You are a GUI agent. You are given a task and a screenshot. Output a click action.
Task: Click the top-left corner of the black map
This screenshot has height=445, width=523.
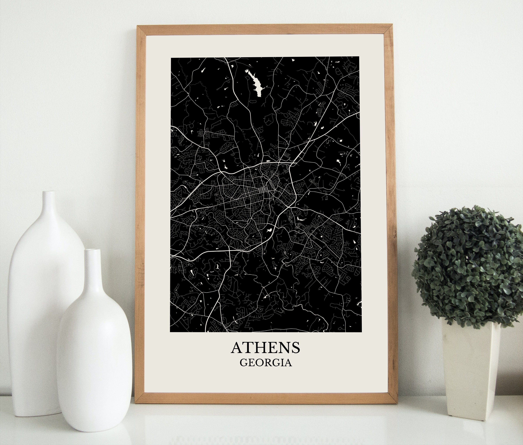point(171,58)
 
